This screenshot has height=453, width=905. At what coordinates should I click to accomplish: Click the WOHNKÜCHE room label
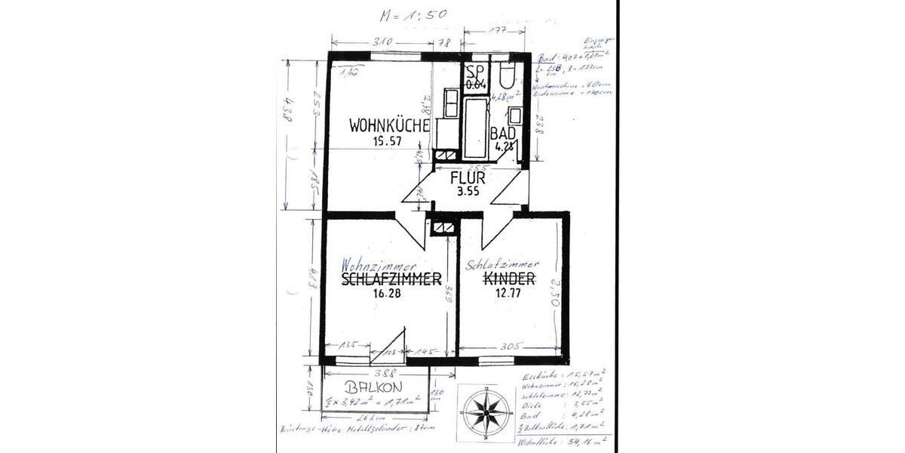click(x=389, y=126)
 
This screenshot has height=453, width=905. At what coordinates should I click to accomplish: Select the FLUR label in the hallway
click(x=468, y=179)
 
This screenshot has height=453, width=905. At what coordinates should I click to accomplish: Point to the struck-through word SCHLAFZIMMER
click(x=391, y=281)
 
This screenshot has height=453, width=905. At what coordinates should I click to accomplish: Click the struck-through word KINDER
click(x=509, y=280)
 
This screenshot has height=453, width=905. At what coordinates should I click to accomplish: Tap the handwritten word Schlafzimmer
click(x=502, y=265)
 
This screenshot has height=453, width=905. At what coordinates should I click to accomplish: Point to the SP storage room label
click(x=474, y=72)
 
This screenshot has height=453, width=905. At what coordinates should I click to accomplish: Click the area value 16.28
click(x=385, y=295)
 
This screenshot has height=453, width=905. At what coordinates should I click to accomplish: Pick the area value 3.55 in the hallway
click(x=468, y=192)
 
